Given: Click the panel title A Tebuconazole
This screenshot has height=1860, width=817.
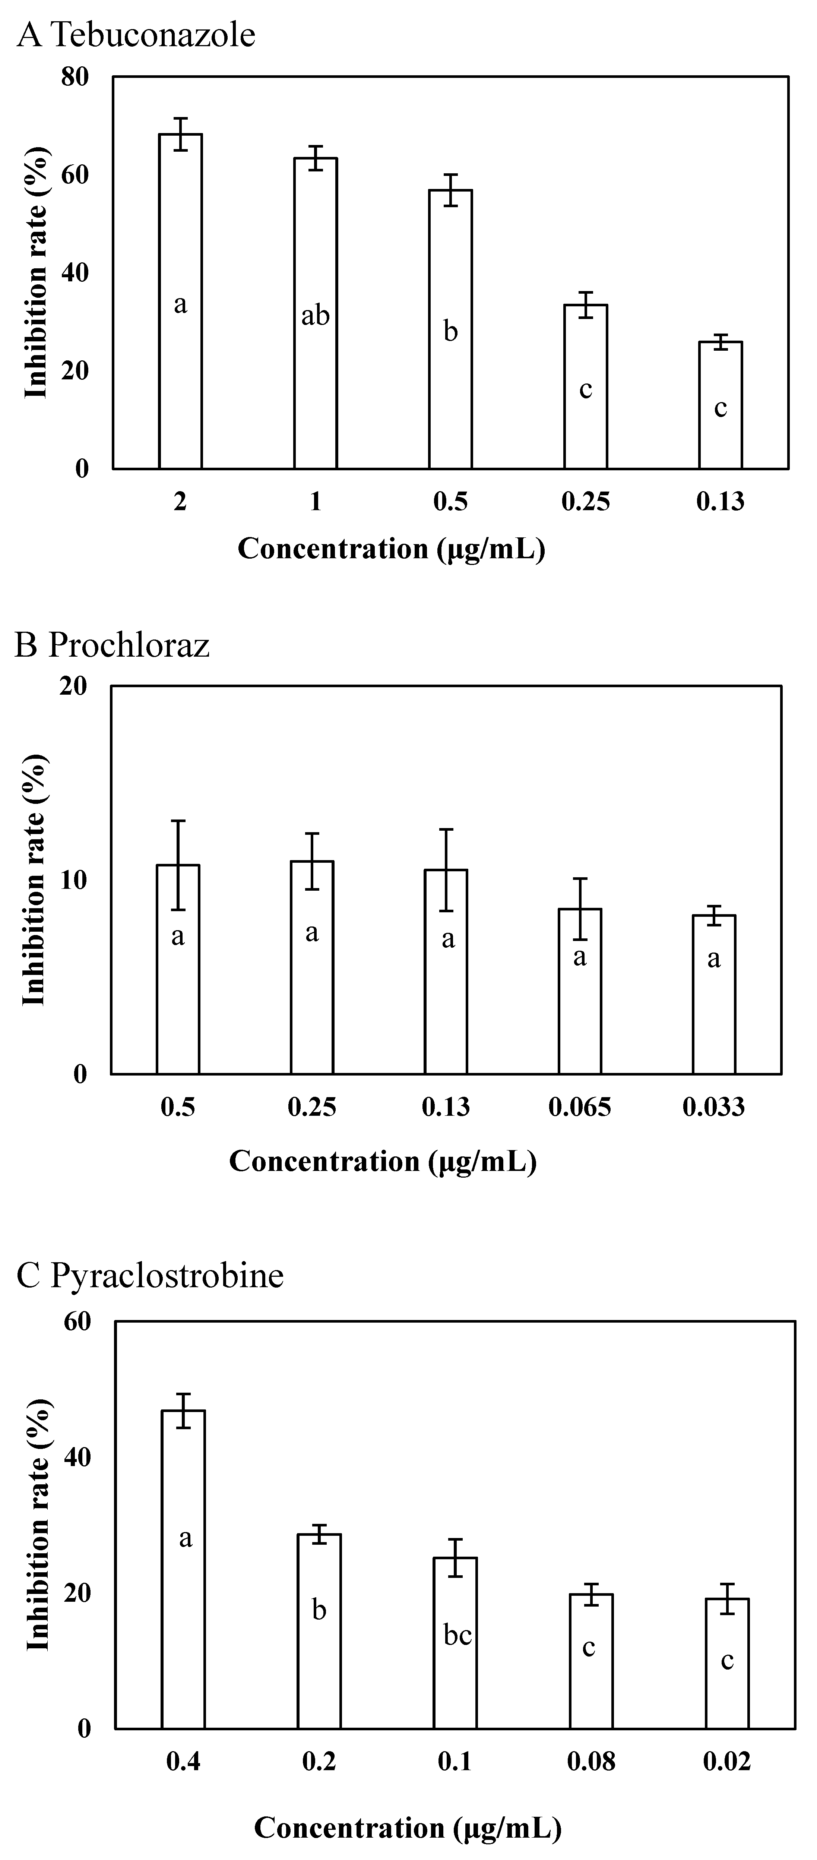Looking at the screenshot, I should pyautogui.click(x=136, y=35).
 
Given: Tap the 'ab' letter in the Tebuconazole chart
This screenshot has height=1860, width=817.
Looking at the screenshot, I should pyautogui.click(x=316, y=316).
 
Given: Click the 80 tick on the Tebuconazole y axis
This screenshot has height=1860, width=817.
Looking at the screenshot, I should pyautogui.click(x=75, y=76).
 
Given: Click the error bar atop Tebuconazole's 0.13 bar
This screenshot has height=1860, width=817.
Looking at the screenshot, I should pyautogui.click(x=720, y=341).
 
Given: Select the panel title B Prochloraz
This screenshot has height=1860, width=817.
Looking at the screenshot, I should pyautogui.click(x=112, y=645).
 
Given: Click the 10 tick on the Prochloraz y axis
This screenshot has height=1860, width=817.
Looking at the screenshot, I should pyautogui.click(x=75, y=880).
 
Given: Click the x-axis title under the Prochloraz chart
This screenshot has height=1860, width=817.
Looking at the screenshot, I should pyautogui.click(x=383, y=1161).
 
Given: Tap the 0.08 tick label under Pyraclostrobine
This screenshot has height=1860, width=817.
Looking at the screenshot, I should pyautogui.click(x=591, y=1762).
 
